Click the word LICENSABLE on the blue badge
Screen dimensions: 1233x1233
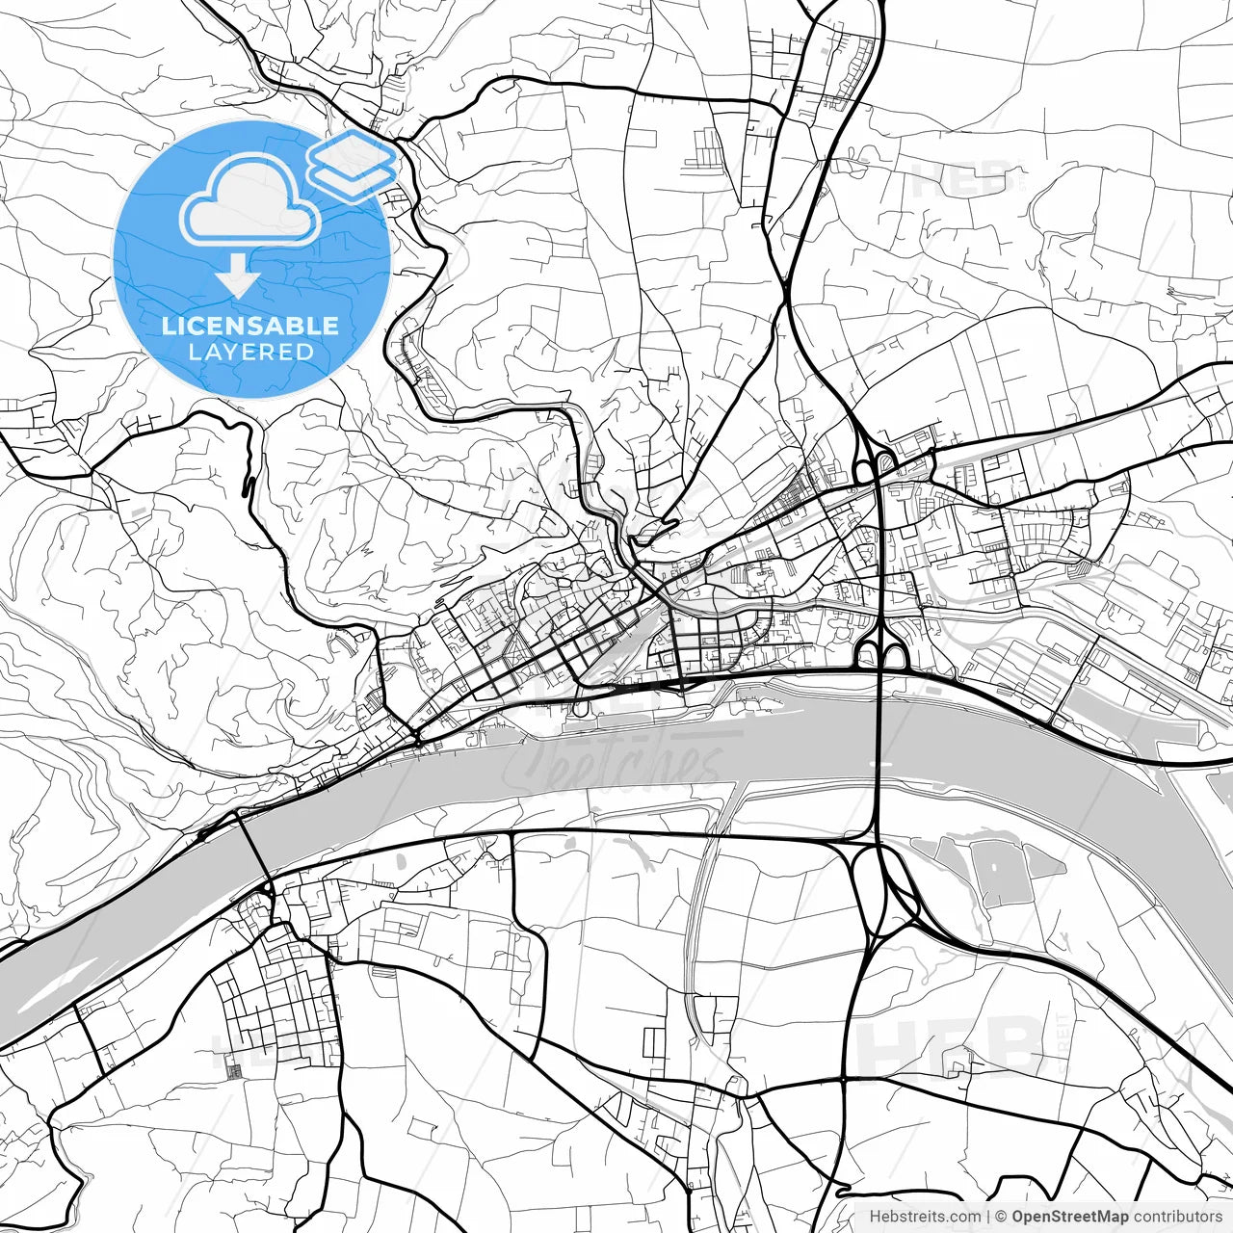pos(250,326)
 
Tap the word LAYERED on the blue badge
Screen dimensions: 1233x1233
pos(250,353)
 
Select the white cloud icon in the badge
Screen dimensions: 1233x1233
pos(250,199)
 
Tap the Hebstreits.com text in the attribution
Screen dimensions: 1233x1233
pos(925,1217)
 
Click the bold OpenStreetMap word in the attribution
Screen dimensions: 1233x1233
pos(1069,1217)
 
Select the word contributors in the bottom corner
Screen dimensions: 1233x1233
pos(1176,1217)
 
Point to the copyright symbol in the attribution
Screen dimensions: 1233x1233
pos(1001,1217)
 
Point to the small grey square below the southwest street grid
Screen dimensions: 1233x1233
pos(231,1066)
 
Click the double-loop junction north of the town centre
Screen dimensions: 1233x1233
pos(873,467)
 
